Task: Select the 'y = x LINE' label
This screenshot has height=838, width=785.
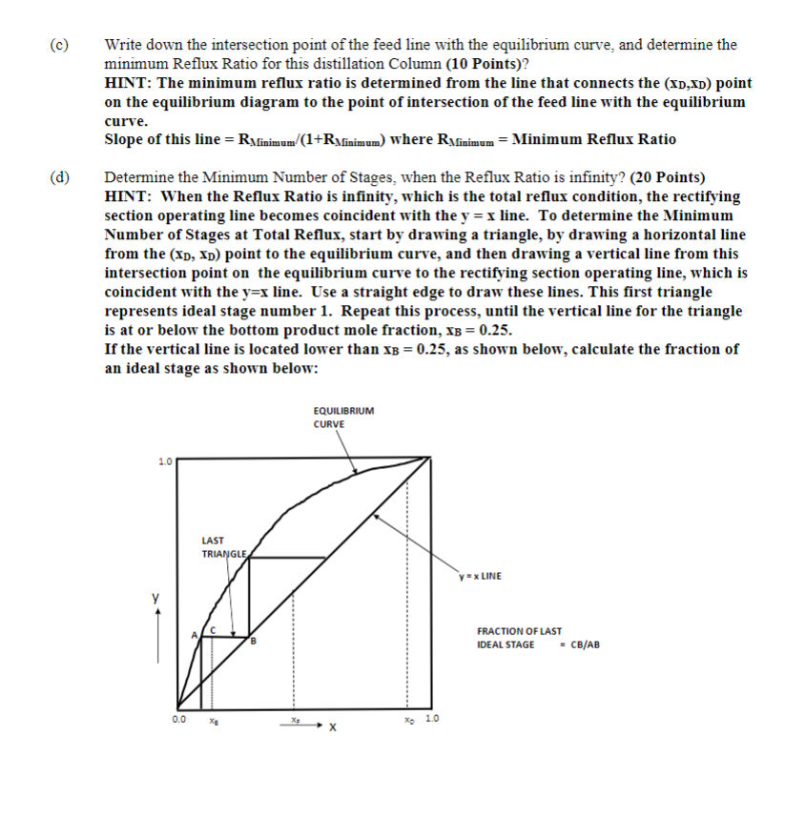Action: coord(479,576)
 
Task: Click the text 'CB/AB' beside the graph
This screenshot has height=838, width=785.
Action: coord(584,645)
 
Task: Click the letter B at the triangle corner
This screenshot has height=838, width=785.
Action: coord(255,642)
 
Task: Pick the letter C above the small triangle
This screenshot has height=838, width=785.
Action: coord(215,629)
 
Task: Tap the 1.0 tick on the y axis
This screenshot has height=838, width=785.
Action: coord(165,462)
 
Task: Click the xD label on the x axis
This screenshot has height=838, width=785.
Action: coord(409,721)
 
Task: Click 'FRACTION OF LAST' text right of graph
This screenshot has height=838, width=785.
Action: coord(520,631)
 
